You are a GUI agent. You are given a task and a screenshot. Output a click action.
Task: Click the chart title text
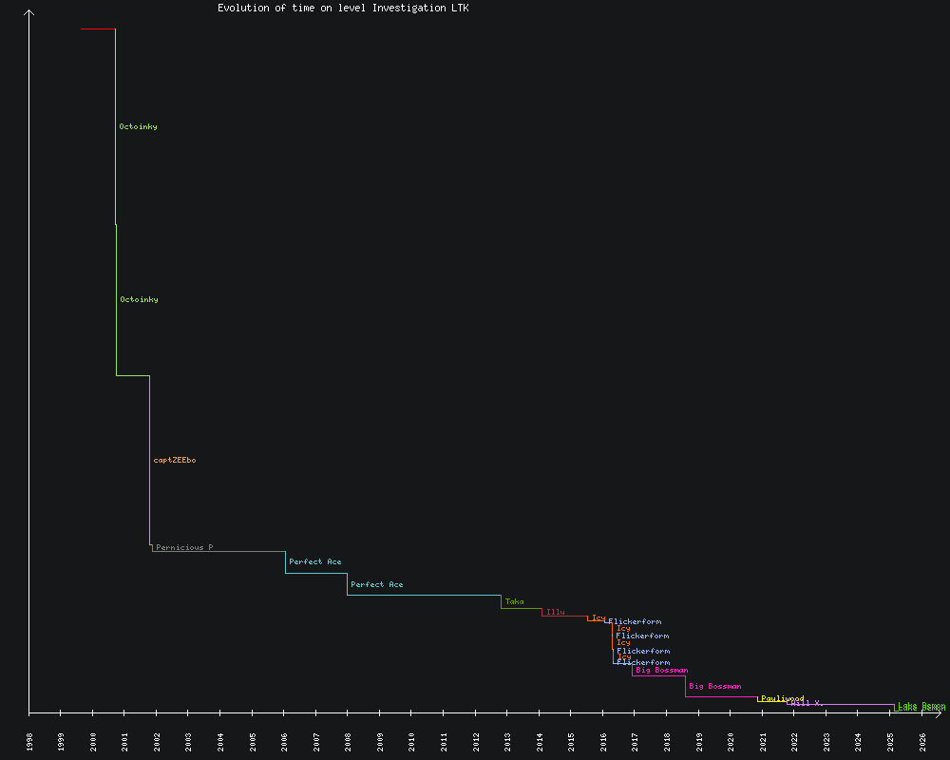[x=343, y=8]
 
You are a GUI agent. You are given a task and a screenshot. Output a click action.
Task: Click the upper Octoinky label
[x=138, y=126]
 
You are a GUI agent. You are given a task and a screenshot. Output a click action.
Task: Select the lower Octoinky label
[x=139, y=299]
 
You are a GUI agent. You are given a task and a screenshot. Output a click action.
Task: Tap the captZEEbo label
[x=175, y=460]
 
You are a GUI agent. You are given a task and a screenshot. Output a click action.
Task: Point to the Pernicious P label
[x=184, y=547]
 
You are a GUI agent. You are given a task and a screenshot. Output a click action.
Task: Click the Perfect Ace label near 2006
[x=315, y=561]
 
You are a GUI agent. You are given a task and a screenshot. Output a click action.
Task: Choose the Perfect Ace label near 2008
[x=376, y=584]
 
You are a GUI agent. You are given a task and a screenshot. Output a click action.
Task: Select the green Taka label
[x=514, y=601]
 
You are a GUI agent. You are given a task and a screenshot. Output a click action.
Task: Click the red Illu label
[x=555, y=612]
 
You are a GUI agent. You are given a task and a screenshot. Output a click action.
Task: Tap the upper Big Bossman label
[x=661, y=670]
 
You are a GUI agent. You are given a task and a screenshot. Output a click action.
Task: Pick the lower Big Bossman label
[x=714, y=686]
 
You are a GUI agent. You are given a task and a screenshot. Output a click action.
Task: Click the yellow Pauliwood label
[x=782, y=698]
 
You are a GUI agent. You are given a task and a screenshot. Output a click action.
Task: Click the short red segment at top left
[x=98, y=29]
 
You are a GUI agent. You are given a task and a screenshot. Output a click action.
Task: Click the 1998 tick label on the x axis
[x=29, y=741]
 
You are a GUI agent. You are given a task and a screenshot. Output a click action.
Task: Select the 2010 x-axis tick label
[x=412, y=741]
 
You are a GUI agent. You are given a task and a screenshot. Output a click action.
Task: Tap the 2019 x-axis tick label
[x=699, y=741]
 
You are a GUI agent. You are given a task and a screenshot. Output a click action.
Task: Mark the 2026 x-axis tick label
[x=922, y=741]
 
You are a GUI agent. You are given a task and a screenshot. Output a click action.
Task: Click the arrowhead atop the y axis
[x=29, y=12]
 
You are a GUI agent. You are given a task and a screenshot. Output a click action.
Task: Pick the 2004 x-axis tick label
[x=220, y=741]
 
